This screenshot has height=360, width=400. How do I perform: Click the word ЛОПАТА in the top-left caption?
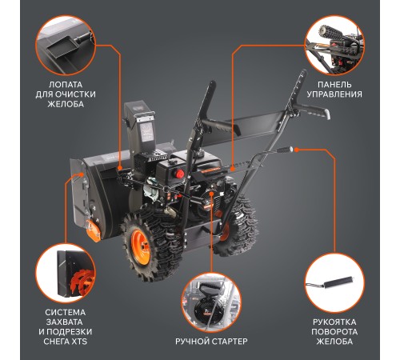[66, 85]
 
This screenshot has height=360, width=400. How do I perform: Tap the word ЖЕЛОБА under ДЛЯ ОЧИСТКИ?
[66, 104]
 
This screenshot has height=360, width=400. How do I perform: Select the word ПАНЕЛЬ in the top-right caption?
[334, 85]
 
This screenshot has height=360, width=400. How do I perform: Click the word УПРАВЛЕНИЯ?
[334, 94]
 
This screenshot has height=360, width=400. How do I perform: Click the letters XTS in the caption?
[80, 342]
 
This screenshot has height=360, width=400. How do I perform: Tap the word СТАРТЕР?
[230, 342]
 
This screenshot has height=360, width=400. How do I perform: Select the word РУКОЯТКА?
[334, 322]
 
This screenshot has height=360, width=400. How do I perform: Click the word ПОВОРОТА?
[334, 332]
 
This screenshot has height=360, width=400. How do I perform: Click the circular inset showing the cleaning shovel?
[66, 45]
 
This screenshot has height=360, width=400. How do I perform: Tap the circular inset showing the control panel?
[334, 45]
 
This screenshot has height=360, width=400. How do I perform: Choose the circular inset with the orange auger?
[66, 274]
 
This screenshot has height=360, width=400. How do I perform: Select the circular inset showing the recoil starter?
[211, 302]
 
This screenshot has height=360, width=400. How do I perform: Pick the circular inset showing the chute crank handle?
[334, 283]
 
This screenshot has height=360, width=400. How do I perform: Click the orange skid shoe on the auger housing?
[93, 230]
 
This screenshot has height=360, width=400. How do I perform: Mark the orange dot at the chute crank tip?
[297, 150]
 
